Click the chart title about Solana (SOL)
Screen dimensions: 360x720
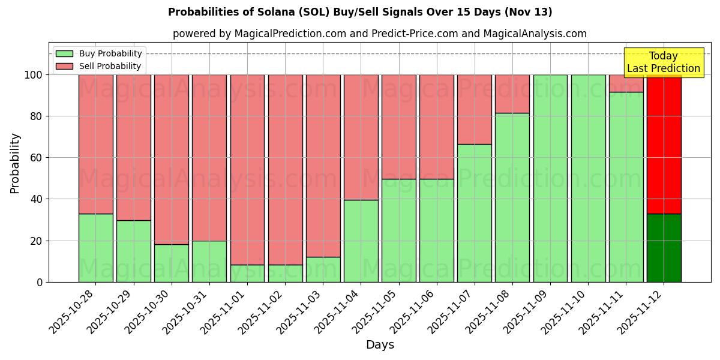[360, 12]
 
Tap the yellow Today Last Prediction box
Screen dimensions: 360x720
[664, 62]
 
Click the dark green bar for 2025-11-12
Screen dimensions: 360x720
[664, 248]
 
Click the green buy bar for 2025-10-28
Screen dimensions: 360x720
[95, 248]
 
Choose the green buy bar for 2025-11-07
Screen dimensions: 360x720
[475, 213]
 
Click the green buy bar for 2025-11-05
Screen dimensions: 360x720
[398, 230]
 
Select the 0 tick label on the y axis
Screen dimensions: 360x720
[40, 282]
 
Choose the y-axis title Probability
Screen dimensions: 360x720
[15, 163]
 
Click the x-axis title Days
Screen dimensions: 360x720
[380, 345]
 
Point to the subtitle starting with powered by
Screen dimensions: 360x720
[379, 34]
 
